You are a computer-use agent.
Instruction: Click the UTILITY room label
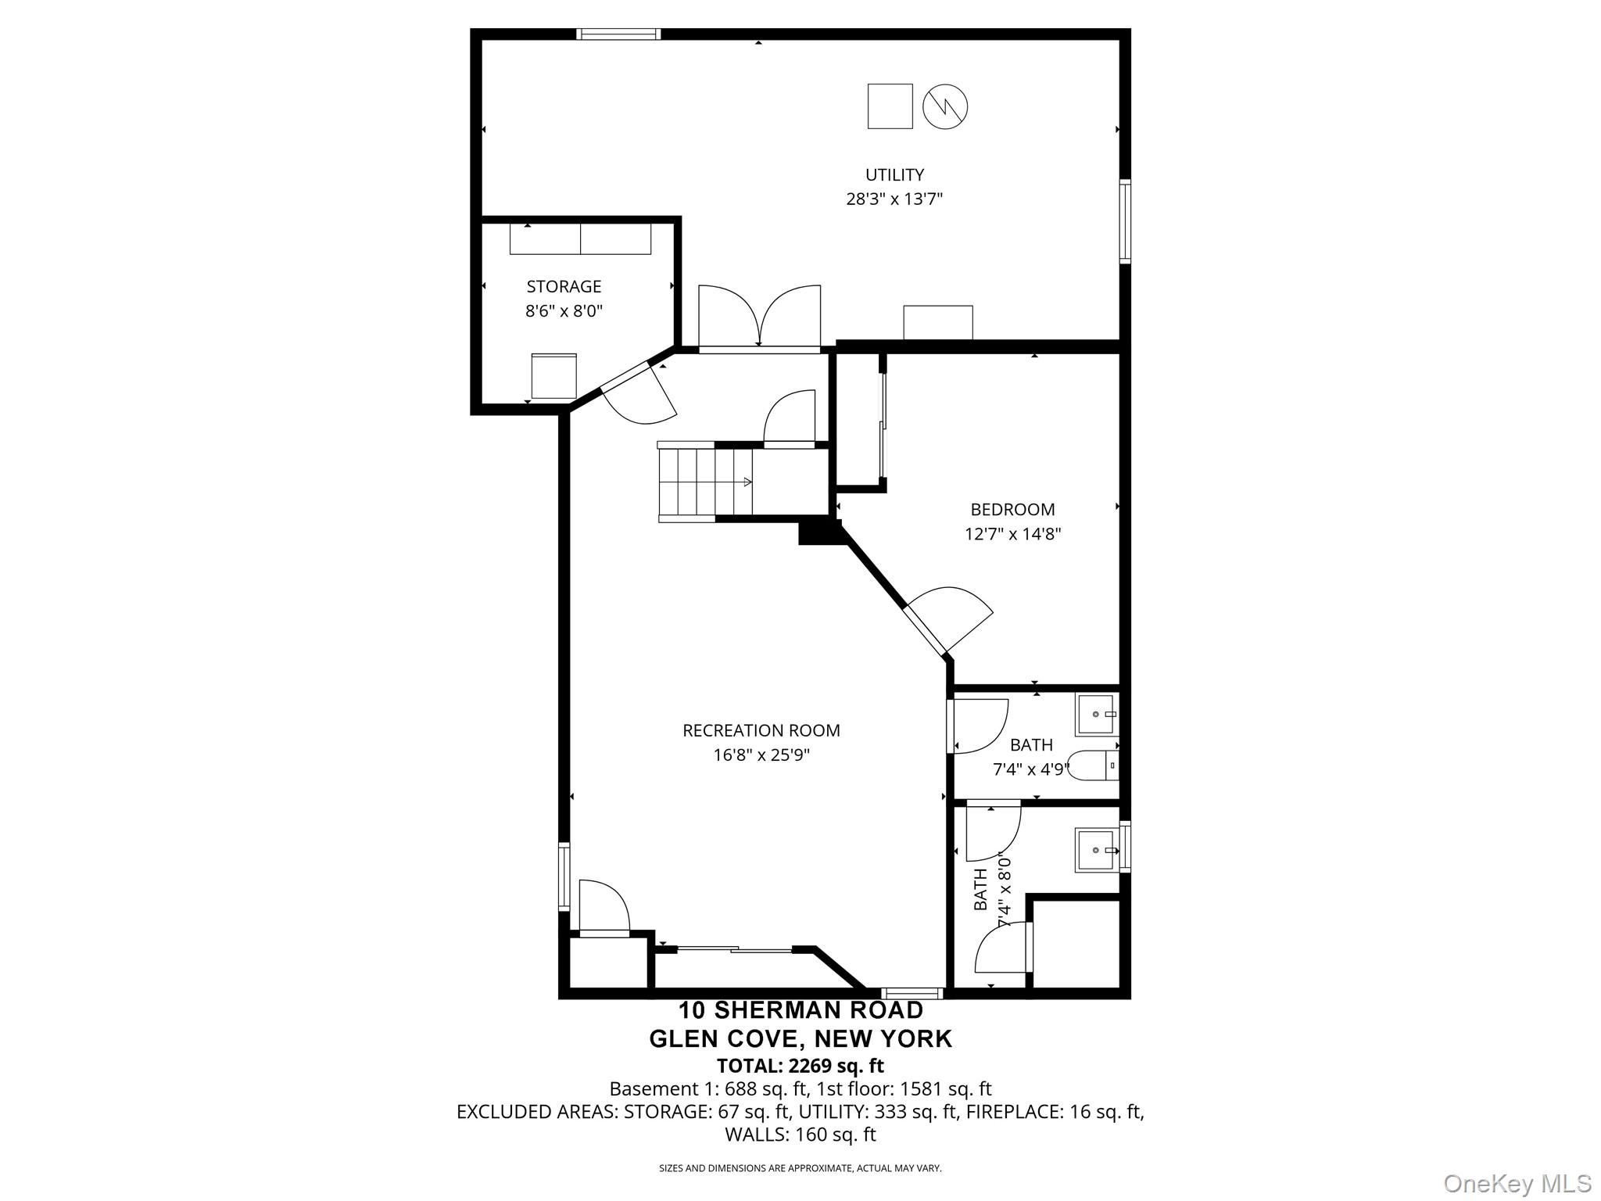894,174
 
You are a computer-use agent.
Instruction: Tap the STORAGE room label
564,286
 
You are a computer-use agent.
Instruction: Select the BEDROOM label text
1012,510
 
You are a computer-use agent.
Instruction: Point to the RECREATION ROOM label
761,730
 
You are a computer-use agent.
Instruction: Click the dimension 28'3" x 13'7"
894,199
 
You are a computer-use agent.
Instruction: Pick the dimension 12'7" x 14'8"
1012,534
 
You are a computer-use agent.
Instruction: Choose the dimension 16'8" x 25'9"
761,755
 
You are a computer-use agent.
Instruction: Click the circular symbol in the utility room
945,106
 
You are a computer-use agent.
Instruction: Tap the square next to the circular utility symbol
890,106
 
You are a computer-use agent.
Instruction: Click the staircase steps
704,482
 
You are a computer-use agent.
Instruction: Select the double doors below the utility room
759,317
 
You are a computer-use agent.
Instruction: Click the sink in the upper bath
1098,714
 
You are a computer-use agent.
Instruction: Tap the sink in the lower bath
1098,850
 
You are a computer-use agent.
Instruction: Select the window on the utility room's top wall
618,34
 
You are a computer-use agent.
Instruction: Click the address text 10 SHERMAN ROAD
800,1010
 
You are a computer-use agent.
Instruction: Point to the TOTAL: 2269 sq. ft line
800,1065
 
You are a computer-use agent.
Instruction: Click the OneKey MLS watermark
1517,1183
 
